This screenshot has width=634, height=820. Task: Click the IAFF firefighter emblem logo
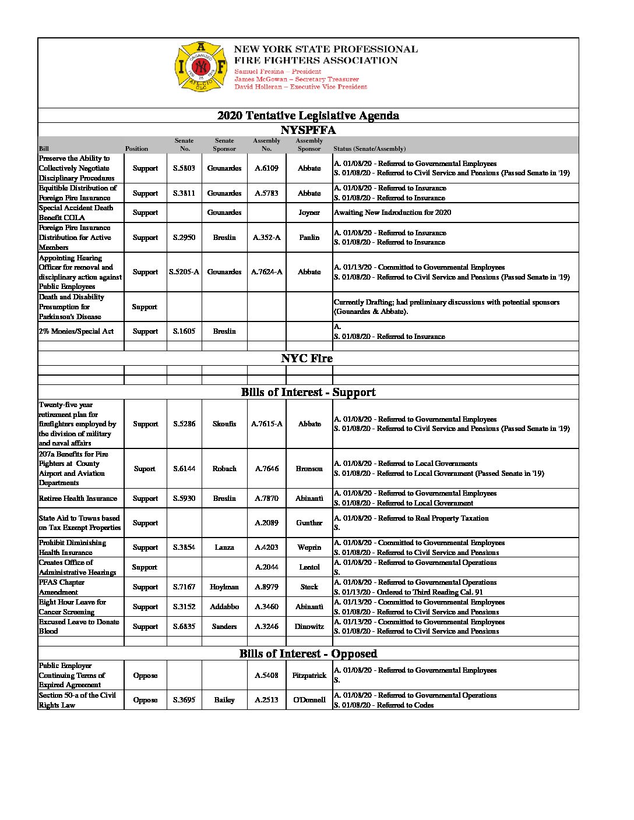[200, 66]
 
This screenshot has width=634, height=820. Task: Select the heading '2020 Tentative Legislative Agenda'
[308, 115]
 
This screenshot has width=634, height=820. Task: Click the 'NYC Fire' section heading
[307, 358]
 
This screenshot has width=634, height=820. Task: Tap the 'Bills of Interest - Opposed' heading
[308, 653]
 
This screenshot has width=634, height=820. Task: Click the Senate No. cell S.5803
[184, 168]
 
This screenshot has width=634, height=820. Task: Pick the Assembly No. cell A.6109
[266, 168]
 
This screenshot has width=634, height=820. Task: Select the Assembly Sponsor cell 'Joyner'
[309, 213]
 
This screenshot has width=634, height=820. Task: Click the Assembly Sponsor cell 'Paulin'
[309, 238]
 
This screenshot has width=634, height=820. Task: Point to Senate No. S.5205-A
[184, 272]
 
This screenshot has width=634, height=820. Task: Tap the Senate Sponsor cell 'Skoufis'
[224, 424]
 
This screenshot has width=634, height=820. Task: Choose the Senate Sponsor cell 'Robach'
[224, 469]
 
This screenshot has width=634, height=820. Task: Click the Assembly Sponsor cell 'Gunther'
[309, 523]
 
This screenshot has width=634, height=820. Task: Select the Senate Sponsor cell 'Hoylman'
[224, 587]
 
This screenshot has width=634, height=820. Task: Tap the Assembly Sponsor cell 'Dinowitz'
[309, 627]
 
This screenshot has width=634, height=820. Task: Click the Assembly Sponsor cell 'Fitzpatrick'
[309, 676]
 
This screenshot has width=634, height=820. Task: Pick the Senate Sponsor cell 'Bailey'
[224, 700]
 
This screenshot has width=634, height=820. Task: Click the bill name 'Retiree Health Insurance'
[78, 499]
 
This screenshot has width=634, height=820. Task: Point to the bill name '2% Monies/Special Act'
[76, 331]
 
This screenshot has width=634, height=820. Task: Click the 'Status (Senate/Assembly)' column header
[369, 149]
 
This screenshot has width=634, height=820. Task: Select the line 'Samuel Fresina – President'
[277, 72]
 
